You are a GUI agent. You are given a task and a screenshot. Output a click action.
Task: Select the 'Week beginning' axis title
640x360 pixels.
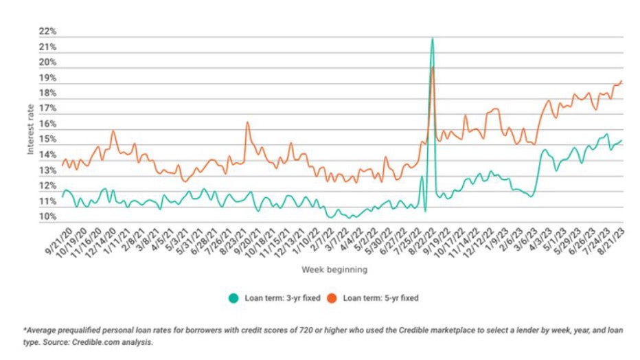[x=333, y=270]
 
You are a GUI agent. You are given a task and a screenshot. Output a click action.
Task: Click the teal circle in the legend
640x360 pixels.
[x=233, y=298]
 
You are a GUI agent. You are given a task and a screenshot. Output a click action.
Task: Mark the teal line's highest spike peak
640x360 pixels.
[x=432, y=38]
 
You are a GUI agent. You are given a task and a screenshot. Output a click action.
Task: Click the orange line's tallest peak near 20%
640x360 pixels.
[x=433, y=67]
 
